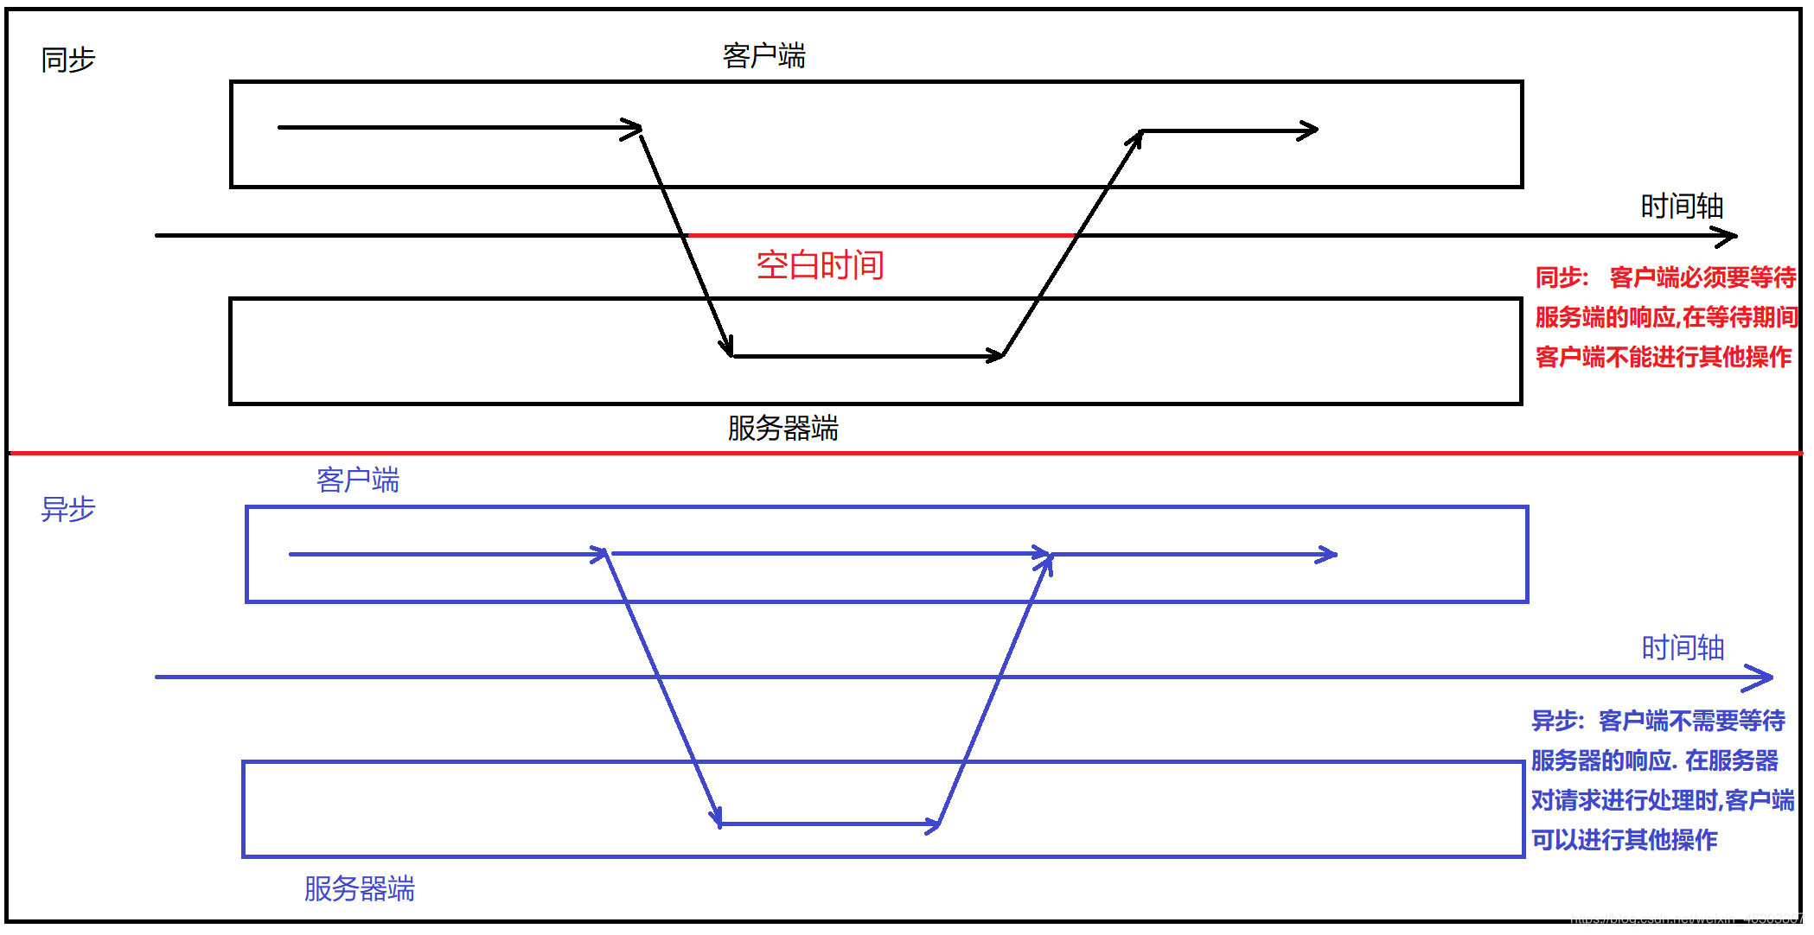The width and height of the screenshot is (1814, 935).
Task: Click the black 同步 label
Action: [x=67, y=60]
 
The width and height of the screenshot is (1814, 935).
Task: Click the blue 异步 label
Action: [x=67, y=509]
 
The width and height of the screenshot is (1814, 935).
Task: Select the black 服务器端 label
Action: [x=782, y=429]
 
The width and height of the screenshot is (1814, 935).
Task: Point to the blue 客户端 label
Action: [x=357, y=480]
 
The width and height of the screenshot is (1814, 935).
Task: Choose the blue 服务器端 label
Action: [x=359, y=889]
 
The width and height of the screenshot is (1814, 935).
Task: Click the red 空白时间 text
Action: [x=820, y=265]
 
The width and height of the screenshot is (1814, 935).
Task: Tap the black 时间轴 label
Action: [x=1682, y=207]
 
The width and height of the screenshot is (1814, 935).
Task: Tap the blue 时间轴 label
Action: [x=1683, y=648]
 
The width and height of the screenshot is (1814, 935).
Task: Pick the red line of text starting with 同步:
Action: [x=1665, y=277]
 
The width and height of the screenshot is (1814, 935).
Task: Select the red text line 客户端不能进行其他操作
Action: [x=1663, y=357]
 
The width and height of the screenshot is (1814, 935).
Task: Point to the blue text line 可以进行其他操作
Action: [x=1624, y=840]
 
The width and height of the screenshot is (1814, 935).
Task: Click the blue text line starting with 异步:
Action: [x=1658, y=721]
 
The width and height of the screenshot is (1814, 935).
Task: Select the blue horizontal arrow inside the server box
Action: [x=829, y=824]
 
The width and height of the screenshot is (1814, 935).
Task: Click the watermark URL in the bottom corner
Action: [x=1686, y=919]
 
